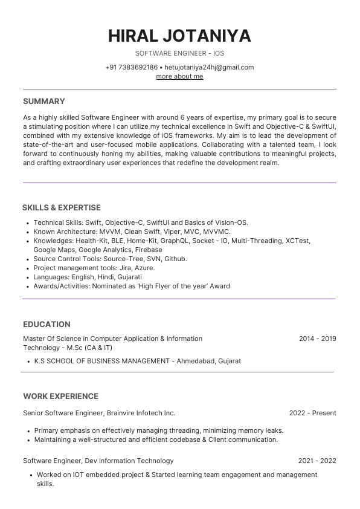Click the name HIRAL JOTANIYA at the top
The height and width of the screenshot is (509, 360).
[x=179, y=36]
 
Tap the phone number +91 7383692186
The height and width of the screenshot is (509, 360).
[x=131, y=67]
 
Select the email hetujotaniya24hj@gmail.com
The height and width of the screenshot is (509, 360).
[x=209, y=67]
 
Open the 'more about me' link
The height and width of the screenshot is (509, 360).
[x=179, y=76]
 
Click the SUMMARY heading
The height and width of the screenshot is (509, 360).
[x=44, y=101]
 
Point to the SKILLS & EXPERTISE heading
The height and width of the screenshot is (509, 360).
[x=62, y=207]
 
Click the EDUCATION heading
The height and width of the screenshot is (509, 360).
[x=47, y=324]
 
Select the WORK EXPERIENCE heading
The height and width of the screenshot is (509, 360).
[x=60, y=397]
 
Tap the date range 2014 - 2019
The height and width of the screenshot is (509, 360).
[x=317, y=339]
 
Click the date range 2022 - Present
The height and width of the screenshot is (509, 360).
[x=312, y=413]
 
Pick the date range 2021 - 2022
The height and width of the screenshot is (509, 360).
[x=317, y=461]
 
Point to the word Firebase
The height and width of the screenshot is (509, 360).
[x=149, y=250]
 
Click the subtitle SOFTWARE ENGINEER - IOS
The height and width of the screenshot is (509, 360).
[x=179, y=54]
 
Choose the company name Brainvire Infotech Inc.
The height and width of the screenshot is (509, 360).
[x=141, y=413]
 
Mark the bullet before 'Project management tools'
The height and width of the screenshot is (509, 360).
[x=28, y=268]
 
